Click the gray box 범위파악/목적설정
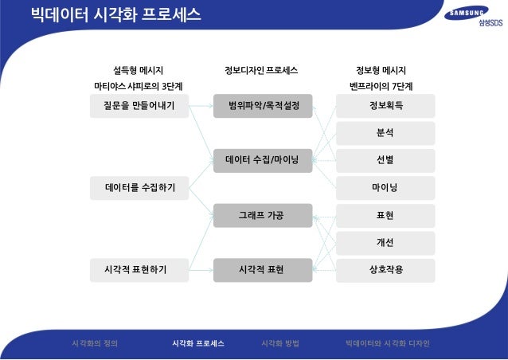[263, 105]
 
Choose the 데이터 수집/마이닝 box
[263, 161]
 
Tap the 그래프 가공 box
[263, 215]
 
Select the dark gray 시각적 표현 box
[263, 270]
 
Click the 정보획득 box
[386, 105]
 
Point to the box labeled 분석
[386, 133]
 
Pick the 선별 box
[386, 160]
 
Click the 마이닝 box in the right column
[386, 188]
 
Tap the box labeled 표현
[386, 215]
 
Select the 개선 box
[386, 243]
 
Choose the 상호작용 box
[386, 270]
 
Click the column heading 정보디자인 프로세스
[262, 70]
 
